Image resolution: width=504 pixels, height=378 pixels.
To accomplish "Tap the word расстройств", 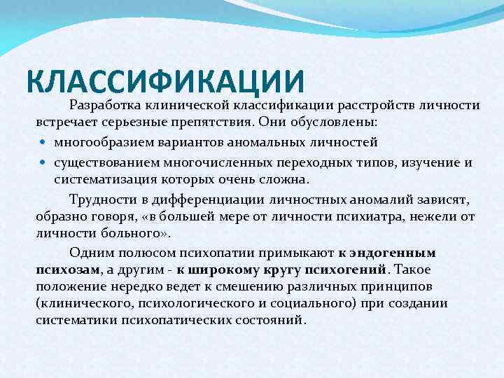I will pyautogui.click(x=375, y=106).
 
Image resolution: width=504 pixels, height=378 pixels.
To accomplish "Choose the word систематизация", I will pyautogui.click(x=99, y=179).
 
